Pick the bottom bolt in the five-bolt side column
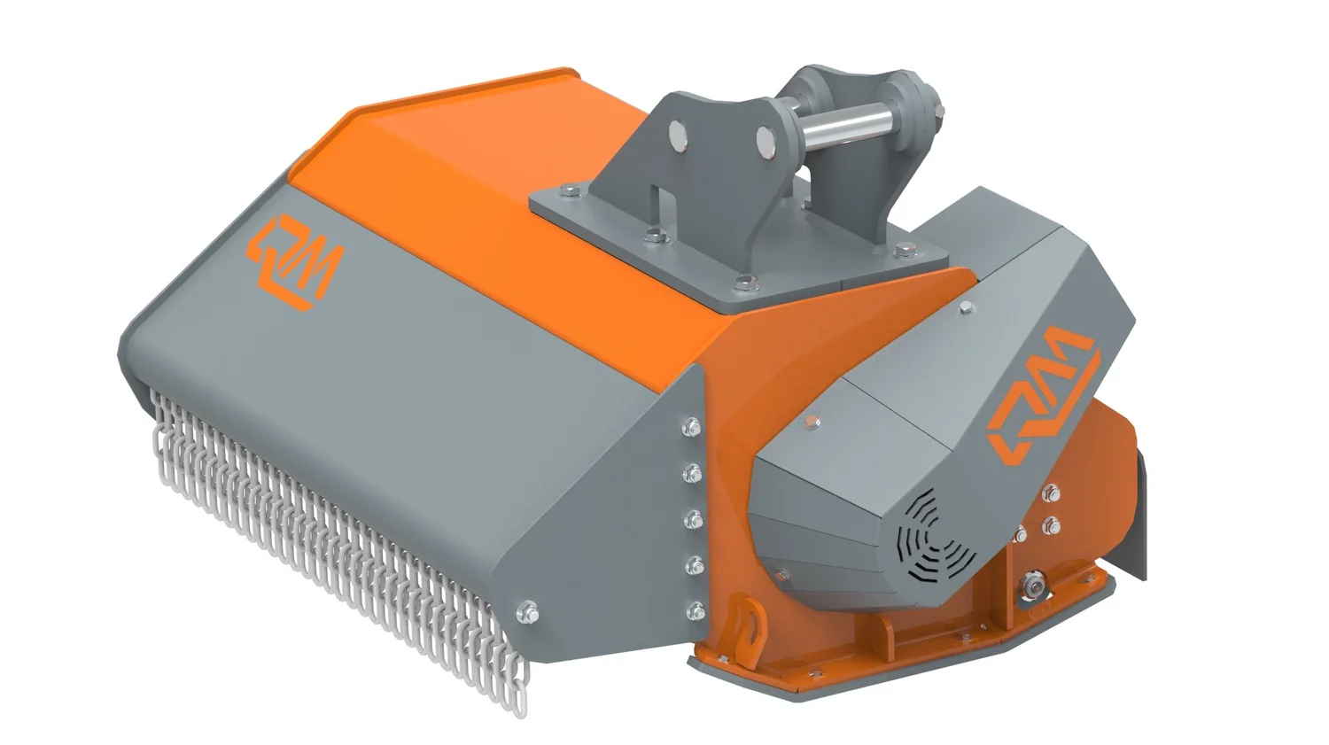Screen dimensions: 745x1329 click(x=695, y=609)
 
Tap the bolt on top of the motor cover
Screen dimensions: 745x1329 click(x=966, y=307)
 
